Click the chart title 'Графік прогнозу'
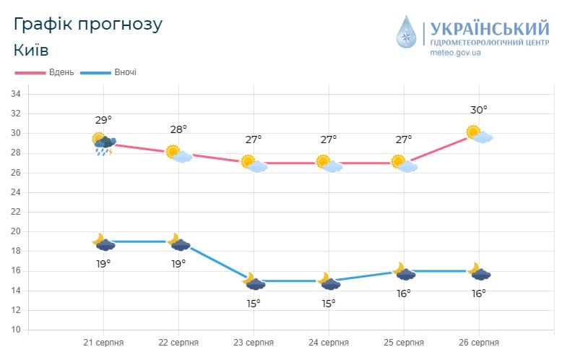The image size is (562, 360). click(88, 24)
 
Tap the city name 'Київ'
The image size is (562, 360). click(31, 51)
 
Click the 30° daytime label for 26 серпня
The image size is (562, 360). click(478, 110)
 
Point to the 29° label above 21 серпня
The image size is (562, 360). click(103, 120)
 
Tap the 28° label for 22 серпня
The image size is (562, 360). click(178, 129)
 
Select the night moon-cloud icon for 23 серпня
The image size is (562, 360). click(254, 282)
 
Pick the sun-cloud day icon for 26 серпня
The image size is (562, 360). click(479, 134)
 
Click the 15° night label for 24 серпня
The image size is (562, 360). click(329, 304)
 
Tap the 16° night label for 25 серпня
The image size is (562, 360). click(404, 293)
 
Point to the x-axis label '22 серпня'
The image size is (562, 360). click(178, 342)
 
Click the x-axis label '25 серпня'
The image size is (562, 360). click(404, 342)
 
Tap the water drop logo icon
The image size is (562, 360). click(407, 33)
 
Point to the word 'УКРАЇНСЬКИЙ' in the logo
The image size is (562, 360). click(489, 29)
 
